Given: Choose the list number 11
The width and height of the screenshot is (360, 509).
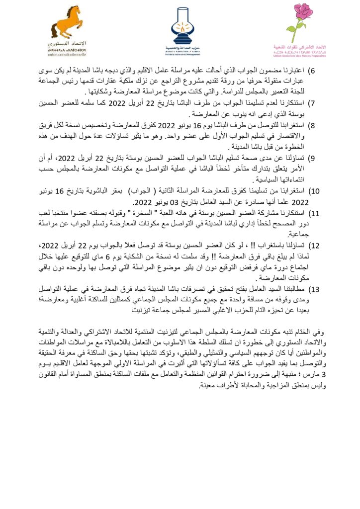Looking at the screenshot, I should (314, 213).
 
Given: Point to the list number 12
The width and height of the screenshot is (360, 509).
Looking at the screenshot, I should (314, 246).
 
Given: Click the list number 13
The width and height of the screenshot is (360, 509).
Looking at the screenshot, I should (314, 289).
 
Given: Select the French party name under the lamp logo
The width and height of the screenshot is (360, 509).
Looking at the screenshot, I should (180, 54).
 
